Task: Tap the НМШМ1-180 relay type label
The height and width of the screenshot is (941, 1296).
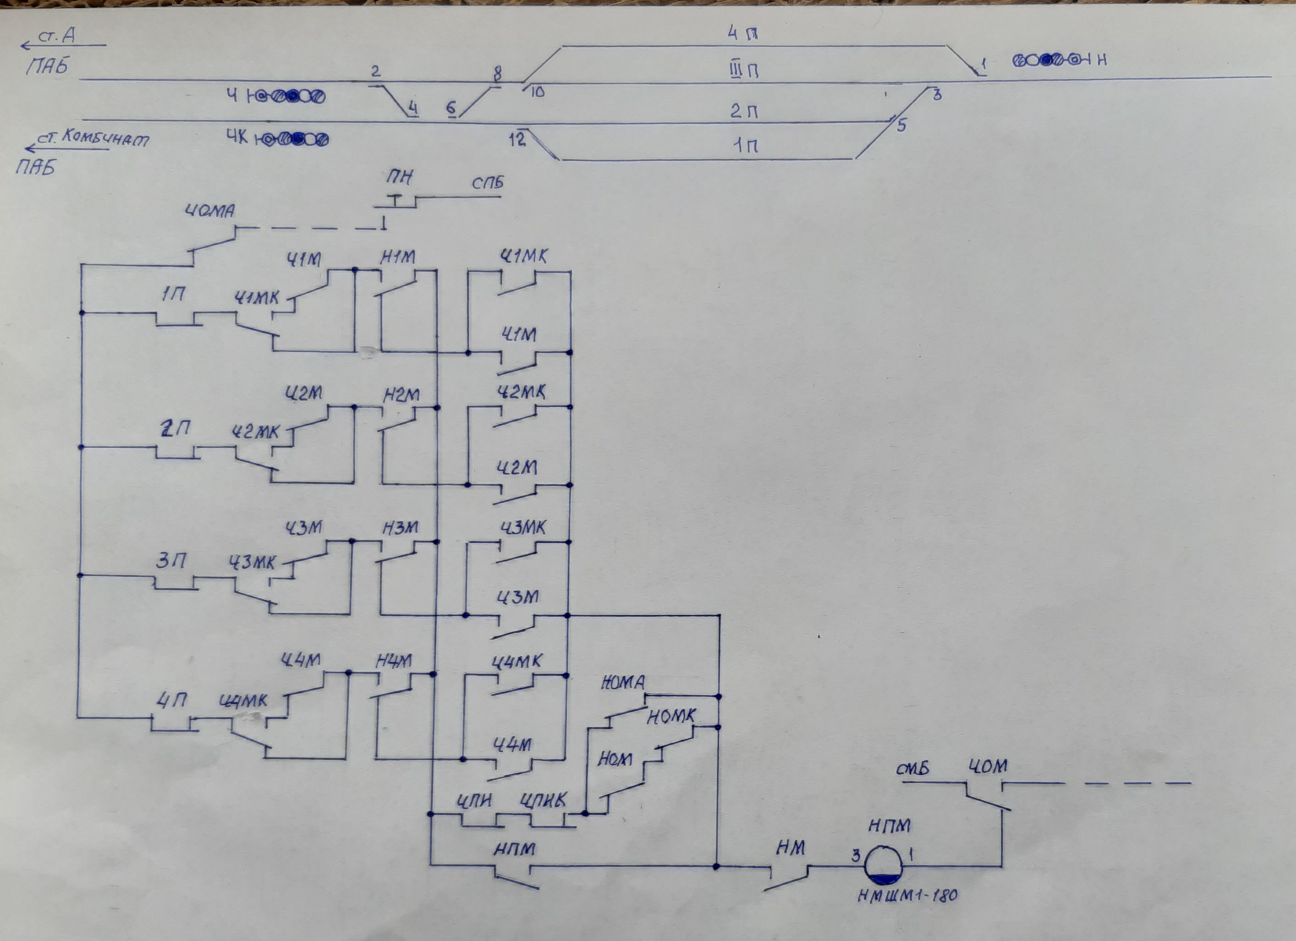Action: coord(907,895)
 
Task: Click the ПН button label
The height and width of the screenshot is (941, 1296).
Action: coord(399,178)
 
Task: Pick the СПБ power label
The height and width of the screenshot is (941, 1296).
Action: coord(488,183)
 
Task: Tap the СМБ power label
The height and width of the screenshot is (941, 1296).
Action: coord(912,770)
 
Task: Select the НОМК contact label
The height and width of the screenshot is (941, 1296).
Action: coord(671,717)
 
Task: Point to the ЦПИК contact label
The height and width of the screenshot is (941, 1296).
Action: coord(543,800)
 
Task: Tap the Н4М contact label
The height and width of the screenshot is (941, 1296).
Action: coord(393,662)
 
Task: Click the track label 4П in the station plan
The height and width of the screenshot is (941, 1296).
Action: coord(742,34)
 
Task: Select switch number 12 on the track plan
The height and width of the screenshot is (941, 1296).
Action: coord(516,139)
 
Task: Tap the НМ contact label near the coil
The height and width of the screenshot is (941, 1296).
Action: coord(790,848)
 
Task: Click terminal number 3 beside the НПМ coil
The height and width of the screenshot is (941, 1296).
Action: coord(856,855)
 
